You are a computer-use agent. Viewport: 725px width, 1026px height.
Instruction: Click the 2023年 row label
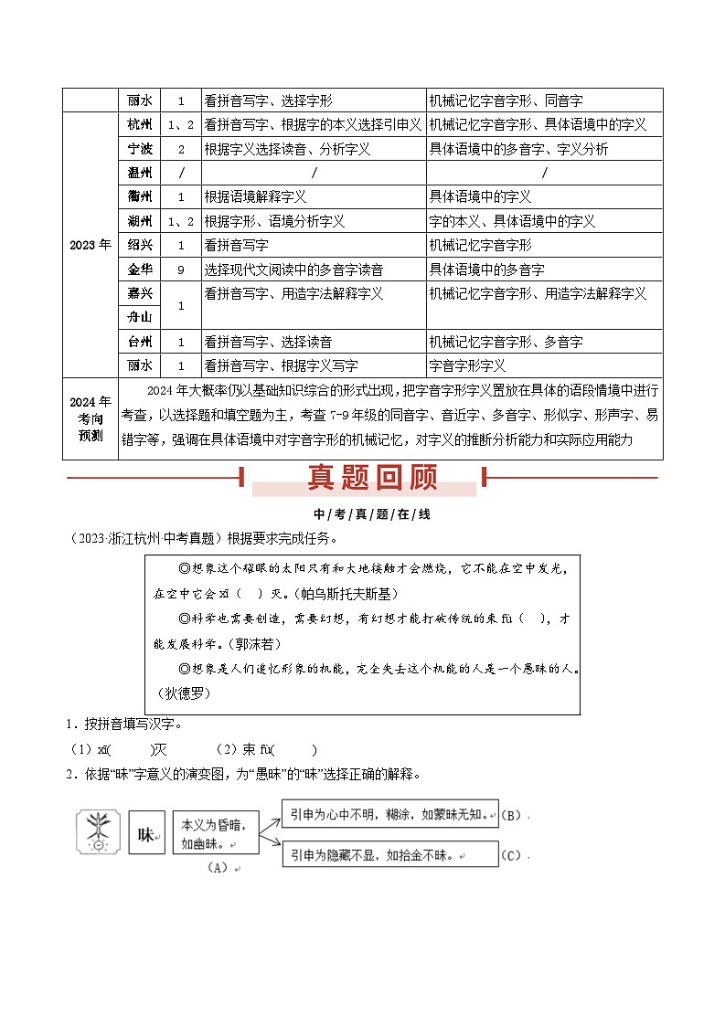click(x=91, y=245)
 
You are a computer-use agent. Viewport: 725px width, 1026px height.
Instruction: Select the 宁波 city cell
click(x=140, y=149)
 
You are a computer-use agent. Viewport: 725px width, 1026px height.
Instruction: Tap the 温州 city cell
click(x=140, y=173)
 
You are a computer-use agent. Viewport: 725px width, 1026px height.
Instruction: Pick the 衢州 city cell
click(x=140, y=196)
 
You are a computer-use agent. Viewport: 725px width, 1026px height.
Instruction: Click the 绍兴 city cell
click(x=140, y=245)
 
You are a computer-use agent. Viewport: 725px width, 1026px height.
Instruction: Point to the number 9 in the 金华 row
click(x=181, y=270)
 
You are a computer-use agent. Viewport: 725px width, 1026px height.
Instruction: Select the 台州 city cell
click(x=140, y=342)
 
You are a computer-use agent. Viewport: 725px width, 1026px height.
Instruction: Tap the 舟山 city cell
click(x=140, y=317)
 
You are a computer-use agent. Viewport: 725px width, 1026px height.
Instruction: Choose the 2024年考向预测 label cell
click(x=91, y=418)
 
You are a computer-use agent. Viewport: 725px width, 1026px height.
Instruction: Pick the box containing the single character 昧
click(x=146, y=833)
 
